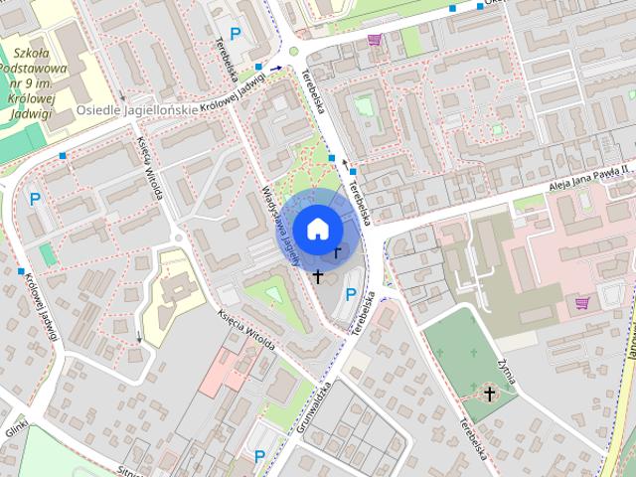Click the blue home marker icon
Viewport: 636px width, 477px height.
[317, 228]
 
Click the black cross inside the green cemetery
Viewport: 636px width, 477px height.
[489, 395]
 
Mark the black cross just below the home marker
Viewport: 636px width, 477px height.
[318, 275]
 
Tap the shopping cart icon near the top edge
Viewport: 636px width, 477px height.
[375, 41]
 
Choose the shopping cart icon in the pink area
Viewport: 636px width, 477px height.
[581, 300]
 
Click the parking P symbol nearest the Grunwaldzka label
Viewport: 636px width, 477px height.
[259, 456]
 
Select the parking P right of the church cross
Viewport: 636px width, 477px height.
[351, 293]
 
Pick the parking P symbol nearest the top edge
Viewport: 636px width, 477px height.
[236, 34]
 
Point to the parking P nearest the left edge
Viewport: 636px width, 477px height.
[35, 199]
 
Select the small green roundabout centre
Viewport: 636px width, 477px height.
[294, 52]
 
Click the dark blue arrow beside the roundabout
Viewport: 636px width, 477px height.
[277, 69]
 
